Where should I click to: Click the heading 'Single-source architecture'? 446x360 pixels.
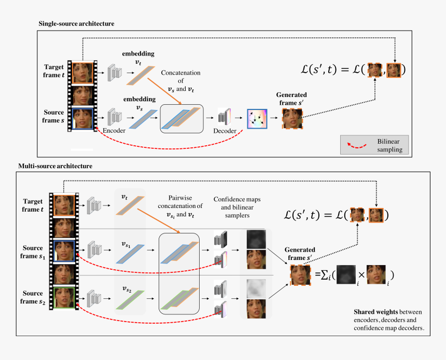click(76, 24)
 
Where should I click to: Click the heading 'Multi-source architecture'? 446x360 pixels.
click(55, 166)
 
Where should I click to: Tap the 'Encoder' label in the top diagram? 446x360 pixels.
click(114, 131)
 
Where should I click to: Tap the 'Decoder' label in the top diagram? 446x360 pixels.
click(225, 131)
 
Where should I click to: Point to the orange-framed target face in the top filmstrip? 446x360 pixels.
click(82, 73)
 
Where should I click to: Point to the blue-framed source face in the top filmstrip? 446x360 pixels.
click(82, 118)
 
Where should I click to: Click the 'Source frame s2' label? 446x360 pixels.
click(33, 298)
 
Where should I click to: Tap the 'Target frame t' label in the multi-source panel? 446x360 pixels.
click(33, 205)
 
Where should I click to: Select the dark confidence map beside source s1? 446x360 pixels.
click(256, 239)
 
